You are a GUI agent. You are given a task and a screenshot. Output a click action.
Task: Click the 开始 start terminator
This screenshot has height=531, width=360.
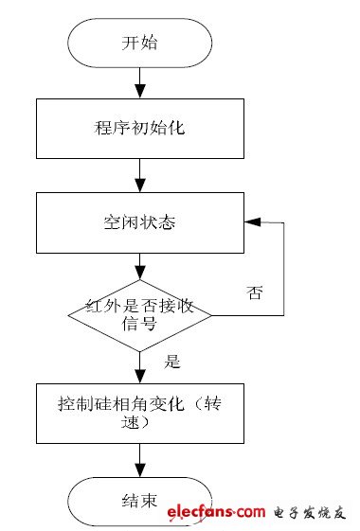139,44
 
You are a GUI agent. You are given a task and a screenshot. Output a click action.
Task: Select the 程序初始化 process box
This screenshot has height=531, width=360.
139,129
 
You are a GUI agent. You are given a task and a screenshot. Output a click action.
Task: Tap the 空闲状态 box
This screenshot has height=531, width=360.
139,222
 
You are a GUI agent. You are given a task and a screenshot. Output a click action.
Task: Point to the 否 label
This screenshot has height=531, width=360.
253,292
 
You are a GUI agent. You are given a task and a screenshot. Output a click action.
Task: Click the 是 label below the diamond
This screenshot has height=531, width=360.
172,362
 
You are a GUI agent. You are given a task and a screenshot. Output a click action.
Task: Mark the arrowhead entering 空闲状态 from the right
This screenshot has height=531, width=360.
251,222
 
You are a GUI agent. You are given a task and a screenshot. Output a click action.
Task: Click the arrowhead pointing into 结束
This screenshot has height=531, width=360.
140,470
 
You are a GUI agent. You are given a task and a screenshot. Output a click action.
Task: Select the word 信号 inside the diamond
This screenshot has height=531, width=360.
140,326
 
